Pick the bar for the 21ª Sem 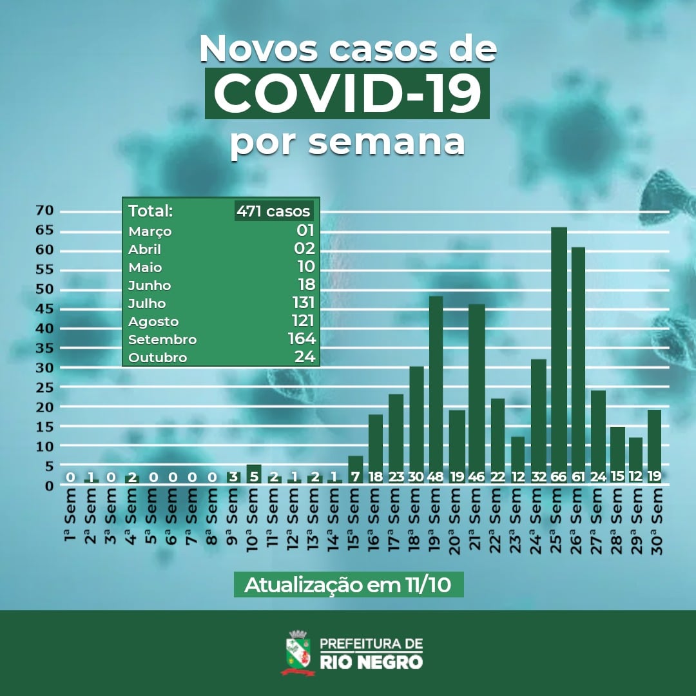(x=476, y=387)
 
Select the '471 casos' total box (x=273, y=211)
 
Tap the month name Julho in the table (x=147, y=303)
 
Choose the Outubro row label (x=157, y=358)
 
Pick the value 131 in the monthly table (x=302, y=303)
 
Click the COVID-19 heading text (x=347, y=94)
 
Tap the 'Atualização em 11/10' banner (x=348, y=585)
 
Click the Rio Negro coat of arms (x=298, y=652)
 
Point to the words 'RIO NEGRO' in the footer (x=371, y=661)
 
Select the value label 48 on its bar (x=436, y=477)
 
